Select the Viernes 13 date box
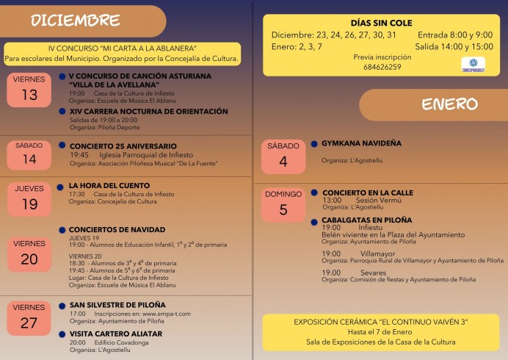(x=29, y=90)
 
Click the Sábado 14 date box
(x=29, y=154)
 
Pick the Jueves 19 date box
(x=29, y=198)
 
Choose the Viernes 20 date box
(x=29, y=253)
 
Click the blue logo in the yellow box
(x=473, y=65)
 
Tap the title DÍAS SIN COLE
(x=382, y=24)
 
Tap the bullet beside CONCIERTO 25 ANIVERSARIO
(x=62, y=145)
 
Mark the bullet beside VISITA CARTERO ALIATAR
(x=62, y=333)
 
